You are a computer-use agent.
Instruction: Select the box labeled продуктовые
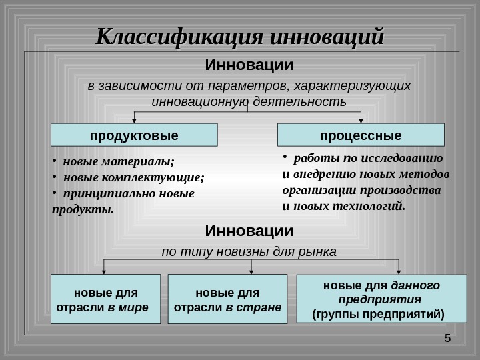coord(134,135)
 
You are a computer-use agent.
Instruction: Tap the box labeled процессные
coord(361,135)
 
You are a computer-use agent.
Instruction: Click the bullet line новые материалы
coord(117,161)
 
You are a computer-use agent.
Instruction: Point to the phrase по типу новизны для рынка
coord(249,253)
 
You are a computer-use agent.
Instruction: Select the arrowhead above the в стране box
coord(251,271)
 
